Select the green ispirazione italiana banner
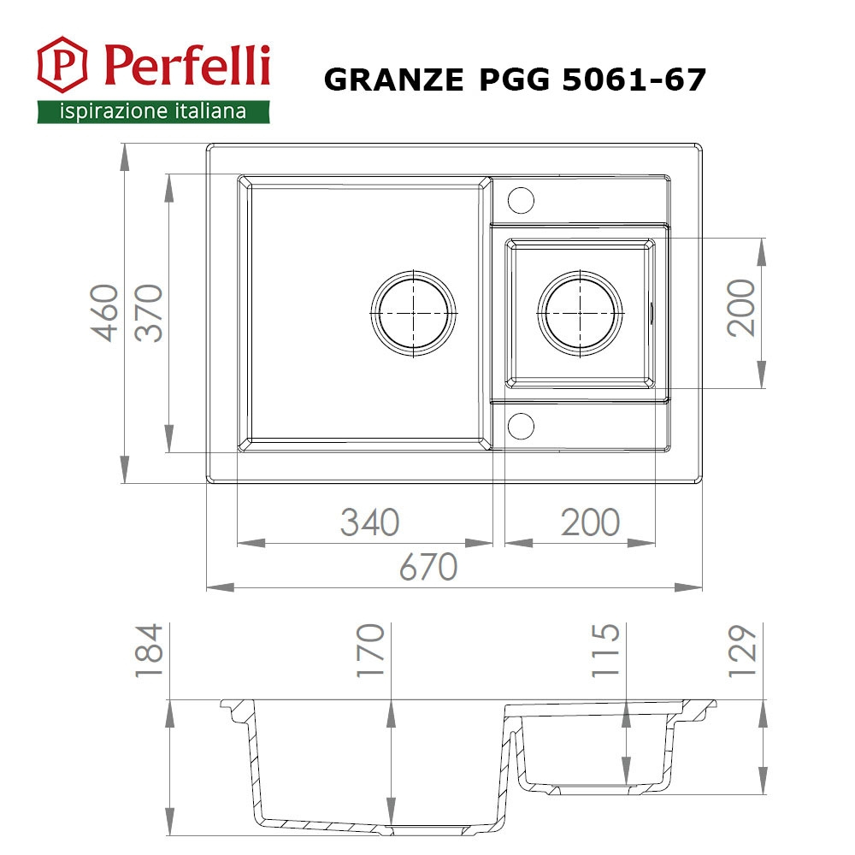pos(153,111)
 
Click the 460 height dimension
pos(106,313)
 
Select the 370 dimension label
pos(150,313)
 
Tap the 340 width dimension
pos(369,522)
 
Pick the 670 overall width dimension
pos(428,567)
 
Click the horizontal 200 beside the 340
pos(590,522)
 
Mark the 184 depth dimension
pos(149,652)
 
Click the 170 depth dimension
pos(369,652)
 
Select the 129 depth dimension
pos(742,652)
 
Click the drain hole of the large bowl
pos(413,313)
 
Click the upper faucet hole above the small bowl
pos(520,199)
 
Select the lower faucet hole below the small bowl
pos(520,425)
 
